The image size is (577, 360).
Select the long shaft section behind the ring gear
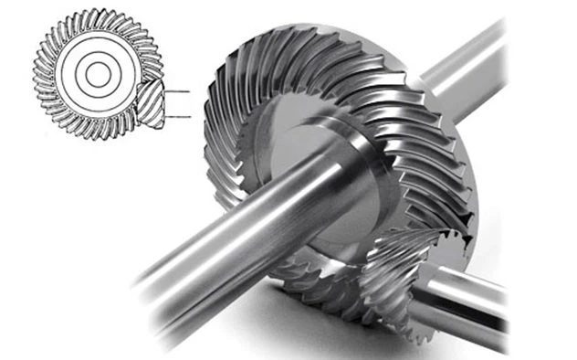point(466,69)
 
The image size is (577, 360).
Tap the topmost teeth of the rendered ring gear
point(301,41)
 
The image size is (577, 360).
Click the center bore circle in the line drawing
point(97,76)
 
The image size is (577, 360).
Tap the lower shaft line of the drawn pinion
point(178,117)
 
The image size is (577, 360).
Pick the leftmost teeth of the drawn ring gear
point(40,77)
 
